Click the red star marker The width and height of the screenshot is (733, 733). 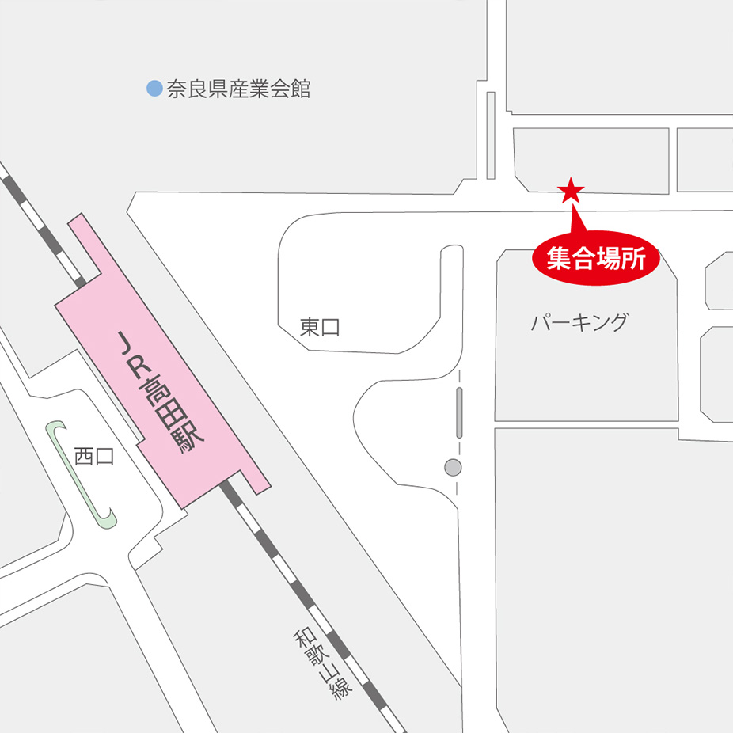pos(571,190)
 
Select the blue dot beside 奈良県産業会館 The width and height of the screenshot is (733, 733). pos(155,89)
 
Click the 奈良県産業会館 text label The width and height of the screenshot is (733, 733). pos(238,89)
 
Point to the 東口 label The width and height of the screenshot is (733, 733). pos(320,327)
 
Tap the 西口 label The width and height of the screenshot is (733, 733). pos(93,457)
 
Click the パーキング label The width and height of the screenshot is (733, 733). pos(579,323)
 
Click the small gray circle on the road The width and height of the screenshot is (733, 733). pos(453,468)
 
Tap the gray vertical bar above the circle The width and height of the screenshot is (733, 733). pos(459,412)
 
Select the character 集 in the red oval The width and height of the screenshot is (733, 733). pos(558,259)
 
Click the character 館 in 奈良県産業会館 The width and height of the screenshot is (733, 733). pos(300,89)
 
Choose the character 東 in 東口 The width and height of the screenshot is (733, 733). pos(310,327)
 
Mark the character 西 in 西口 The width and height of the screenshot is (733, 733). pos(84,457)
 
